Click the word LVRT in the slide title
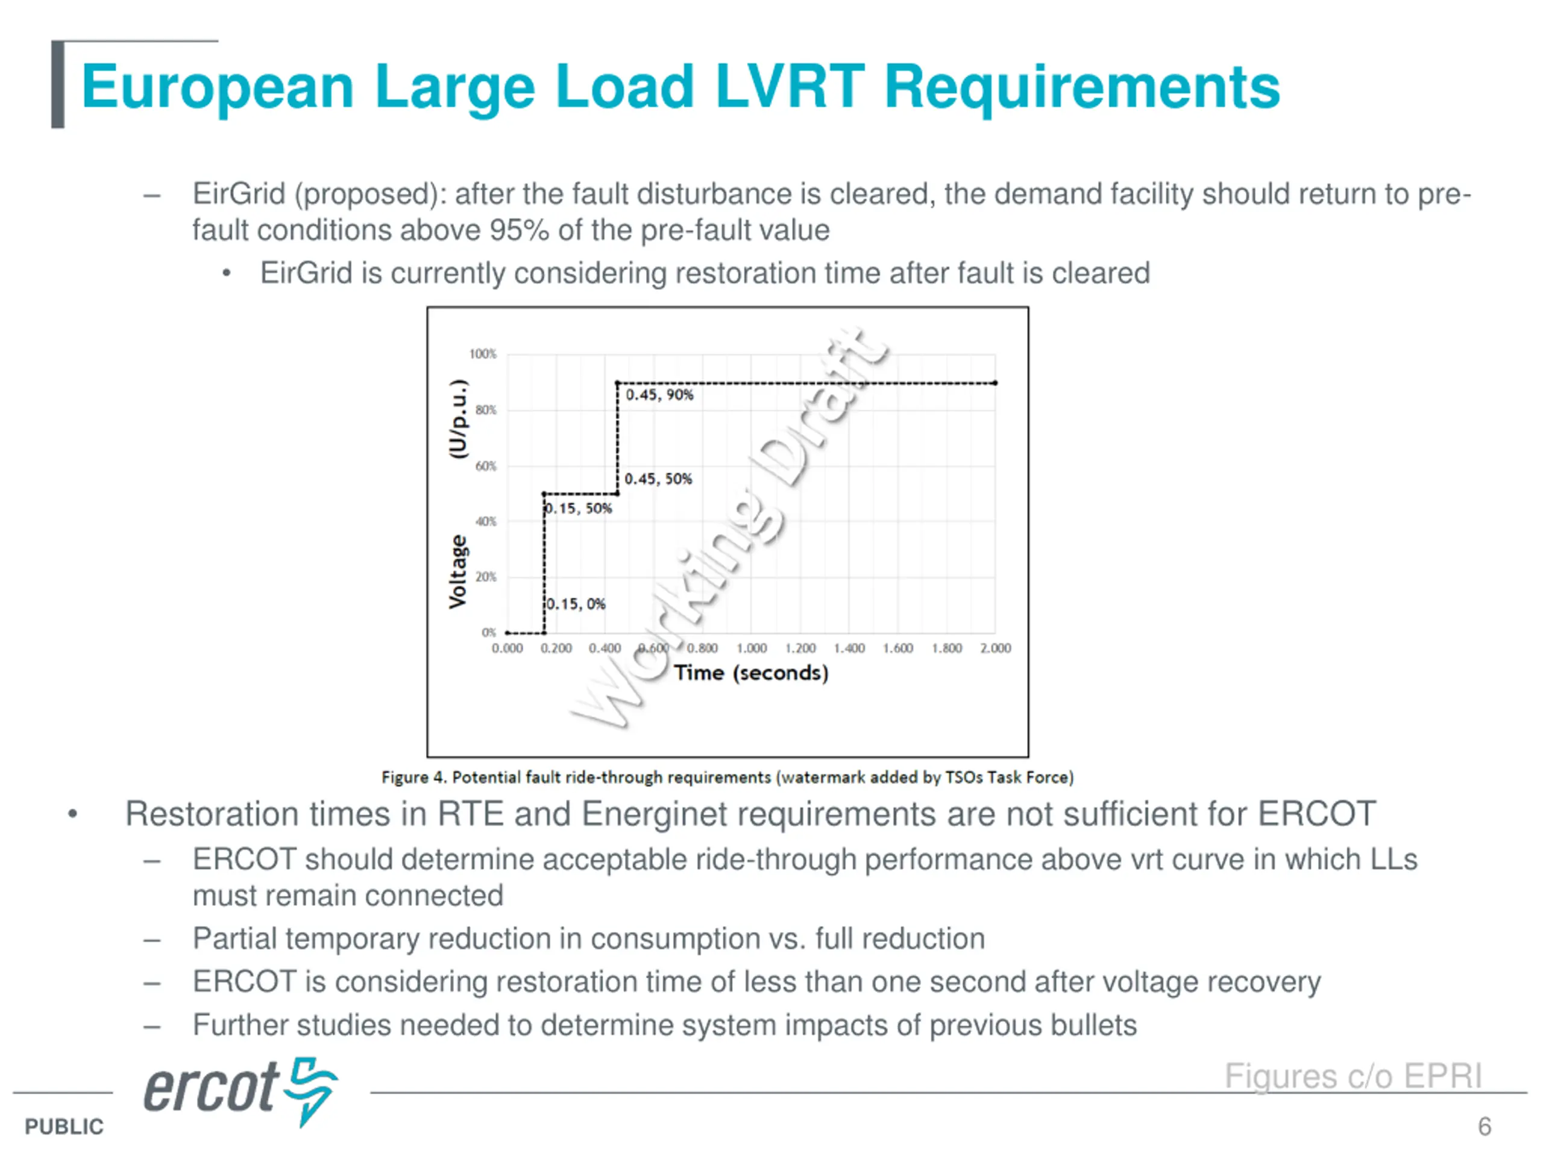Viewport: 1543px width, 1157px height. coord(790,87)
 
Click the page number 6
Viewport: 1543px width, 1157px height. coord(1485,1126)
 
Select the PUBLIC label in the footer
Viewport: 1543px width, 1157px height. coord(63,1127)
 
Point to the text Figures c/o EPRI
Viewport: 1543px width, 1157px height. coord(1353,1076)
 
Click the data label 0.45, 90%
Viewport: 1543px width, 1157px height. coord(659,395)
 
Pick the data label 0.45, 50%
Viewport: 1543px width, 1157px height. coord(658,479)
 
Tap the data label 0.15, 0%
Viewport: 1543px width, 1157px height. coord(576,604)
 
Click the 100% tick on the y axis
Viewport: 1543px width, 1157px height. coord(483,354)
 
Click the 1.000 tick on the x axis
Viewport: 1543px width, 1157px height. coord(751,648)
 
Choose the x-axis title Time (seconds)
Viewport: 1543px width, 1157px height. coord(750,673)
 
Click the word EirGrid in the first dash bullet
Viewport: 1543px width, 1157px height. coord(239,194)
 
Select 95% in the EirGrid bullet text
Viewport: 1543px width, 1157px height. coord(519,230)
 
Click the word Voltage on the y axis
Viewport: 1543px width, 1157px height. coord(457,572)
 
